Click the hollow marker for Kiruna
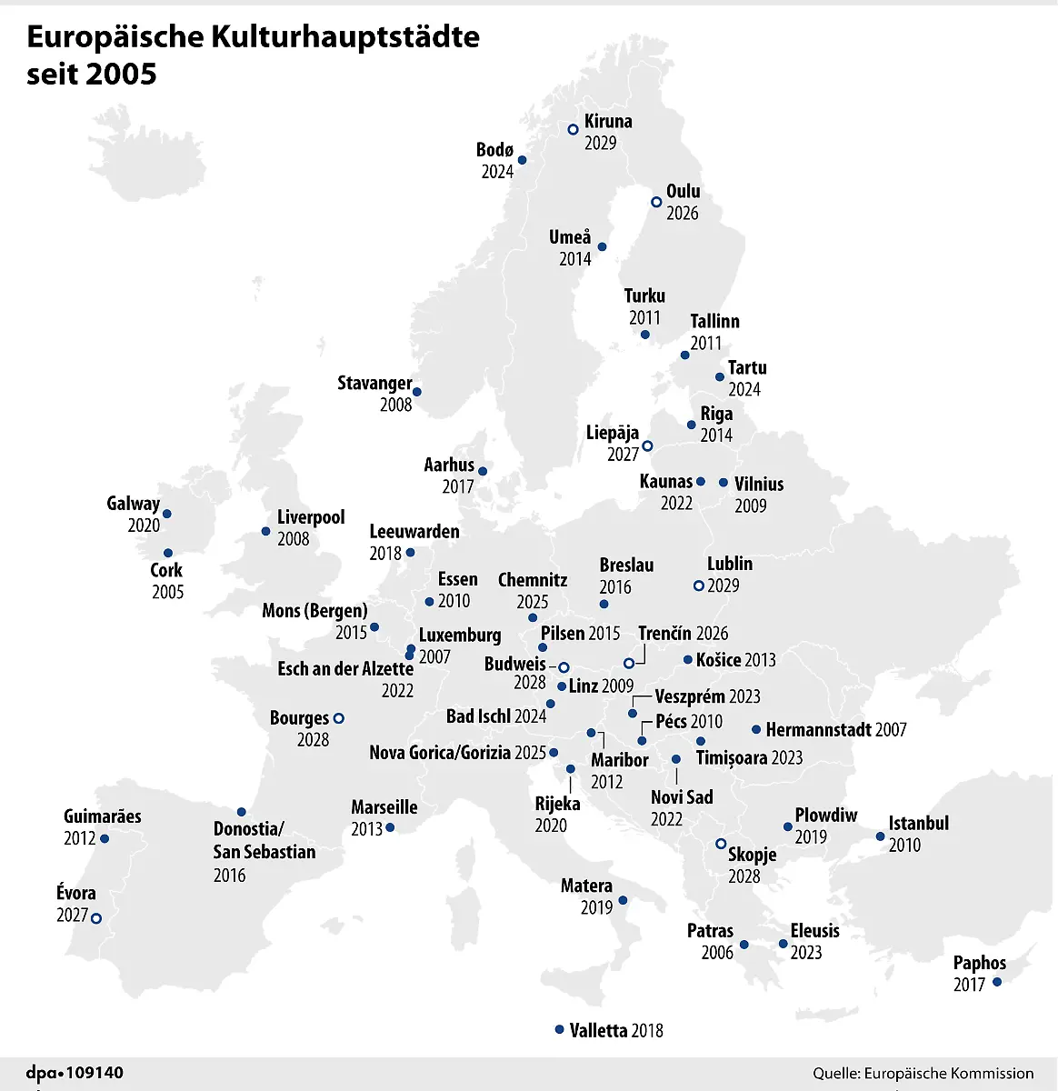573,130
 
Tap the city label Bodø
495,150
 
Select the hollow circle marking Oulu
656,202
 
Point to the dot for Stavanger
417,393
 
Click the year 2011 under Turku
644,317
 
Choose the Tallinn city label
714,321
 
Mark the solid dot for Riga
692,425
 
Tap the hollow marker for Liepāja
647,445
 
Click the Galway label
133,504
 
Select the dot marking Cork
168,553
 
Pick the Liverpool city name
311,517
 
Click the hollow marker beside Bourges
339,718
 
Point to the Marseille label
384,807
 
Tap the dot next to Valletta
560,1029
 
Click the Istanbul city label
918,823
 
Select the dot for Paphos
997,982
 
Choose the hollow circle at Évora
96,918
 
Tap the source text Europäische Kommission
949,1074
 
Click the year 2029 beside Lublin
724,586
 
